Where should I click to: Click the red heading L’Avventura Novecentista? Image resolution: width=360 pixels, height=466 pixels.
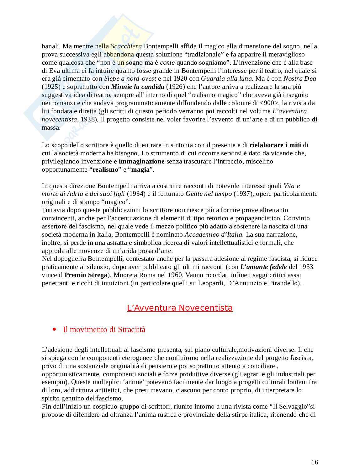click(180, 308)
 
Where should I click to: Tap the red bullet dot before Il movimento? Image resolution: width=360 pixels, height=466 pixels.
click(55, 329)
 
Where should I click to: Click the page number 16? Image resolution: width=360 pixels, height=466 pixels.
click(315, 462)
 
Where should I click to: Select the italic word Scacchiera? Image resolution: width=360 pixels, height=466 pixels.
click(126, 46)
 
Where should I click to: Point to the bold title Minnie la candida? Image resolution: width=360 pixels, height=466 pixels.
click(137, 87)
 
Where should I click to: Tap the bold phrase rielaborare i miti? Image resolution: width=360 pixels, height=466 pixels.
click(275, 145)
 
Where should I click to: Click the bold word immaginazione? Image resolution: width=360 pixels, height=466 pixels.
click(141, 161)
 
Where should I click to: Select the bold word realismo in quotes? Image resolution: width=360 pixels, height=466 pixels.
click(105, 169)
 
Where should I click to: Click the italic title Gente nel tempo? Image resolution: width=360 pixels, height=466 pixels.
click(209, 194)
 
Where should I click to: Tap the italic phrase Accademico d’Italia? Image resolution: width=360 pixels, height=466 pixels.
click(213, 234)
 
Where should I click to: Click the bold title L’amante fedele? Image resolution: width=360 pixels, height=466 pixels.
click(263, 267)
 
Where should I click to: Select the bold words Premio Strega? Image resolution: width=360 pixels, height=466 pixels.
click(86, 275)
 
